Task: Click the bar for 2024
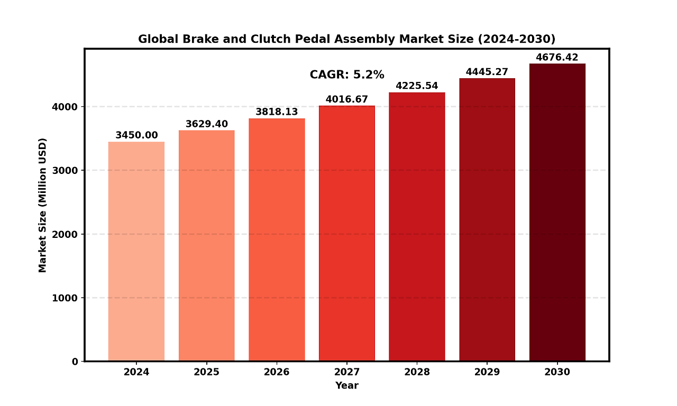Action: [136, 251]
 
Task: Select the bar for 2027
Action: [347, 233]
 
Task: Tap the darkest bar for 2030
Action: [557, 212]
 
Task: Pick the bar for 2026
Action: [277, 239]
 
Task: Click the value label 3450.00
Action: [136, 135]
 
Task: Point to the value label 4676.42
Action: [557, 58]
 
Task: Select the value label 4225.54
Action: [417, 86]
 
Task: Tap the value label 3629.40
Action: [206, 124]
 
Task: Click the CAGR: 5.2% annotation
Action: [347, 75]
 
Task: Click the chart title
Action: [347, 39]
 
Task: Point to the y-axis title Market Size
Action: [43, 205]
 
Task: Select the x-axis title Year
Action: [347, 386]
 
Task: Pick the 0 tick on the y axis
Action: [75, 362]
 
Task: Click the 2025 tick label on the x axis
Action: [206, 372]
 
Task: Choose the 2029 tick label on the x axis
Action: [487, 372]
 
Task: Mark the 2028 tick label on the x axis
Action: [417, 372]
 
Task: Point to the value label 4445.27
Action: [487, 72]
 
